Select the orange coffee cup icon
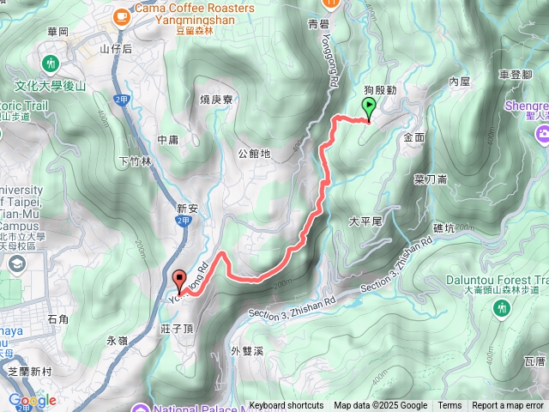(121, 15)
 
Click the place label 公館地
(254, 154)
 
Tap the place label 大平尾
(365, 221)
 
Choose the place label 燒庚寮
(216, 100)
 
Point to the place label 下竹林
(135, 161)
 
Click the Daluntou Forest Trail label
(497, 280)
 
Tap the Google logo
(32, 400)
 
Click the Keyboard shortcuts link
(287, 406)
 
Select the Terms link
(449, 406)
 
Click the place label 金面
(413, 137)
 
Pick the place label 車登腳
(515, 75)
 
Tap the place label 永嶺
(117, 340)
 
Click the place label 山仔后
(116, 49)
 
